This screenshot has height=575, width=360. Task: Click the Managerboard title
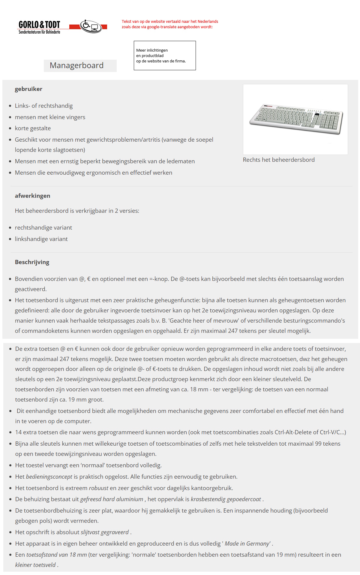coord(77,65)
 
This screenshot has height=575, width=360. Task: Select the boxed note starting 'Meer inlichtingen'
coord(165,56)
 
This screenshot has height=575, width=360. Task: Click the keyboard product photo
coord(295,119)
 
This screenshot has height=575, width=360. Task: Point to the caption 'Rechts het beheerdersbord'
coord(279,160)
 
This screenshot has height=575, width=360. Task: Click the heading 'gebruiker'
coord(28,89)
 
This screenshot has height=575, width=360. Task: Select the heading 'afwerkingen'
coord(32,196)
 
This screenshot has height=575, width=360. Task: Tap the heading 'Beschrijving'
coord(32,262)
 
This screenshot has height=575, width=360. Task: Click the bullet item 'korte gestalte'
coord(33,128)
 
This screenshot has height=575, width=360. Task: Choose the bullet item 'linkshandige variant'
coord(41,239)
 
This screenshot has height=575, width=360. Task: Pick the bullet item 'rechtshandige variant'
coord(43,227)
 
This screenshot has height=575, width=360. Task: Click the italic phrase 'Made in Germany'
coord(247,543)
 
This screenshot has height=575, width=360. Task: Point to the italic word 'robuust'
coord(98,488)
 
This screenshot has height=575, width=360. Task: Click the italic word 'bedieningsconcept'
coord(49,477)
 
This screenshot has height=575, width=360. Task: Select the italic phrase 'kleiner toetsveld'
coord(35,565)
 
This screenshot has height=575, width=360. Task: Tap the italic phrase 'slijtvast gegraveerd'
coord(105,532)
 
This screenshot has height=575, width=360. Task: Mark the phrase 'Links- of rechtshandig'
coord(44,106)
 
